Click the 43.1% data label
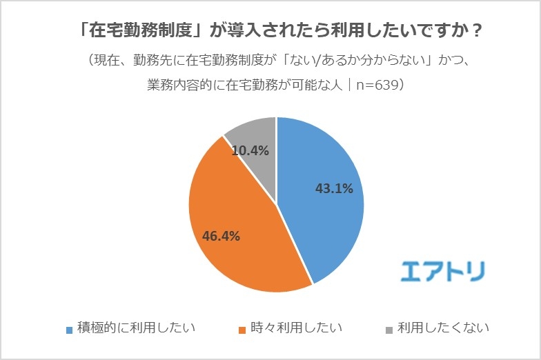coord(334,188)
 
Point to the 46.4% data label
coord(221,236)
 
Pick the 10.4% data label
coord(250,150)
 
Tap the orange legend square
coord(242,330)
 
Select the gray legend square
coord(388,330)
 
